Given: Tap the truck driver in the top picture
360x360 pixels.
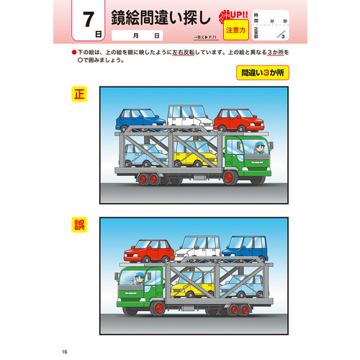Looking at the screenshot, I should [x=258, y=149].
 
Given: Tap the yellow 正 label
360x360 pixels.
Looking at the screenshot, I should [x=78, y=94].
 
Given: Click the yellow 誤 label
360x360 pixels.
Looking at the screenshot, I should [x=78, y=225].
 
